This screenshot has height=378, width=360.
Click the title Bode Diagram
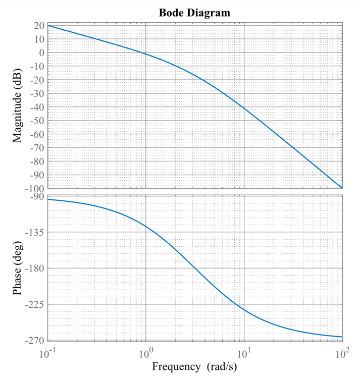(195, 13)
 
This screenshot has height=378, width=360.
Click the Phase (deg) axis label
(18, 268)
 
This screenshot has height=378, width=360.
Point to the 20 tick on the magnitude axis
(39, 26)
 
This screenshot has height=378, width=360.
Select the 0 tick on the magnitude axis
(41, 53)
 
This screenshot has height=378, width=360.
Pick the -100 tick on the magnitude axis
(35, 188)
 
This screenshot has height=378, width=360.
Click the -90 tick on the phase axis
(37, 197)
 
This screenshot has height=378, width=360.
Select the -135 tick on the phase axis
(35, 233)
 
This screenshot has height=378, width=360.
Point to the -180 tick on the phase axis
(35, 268)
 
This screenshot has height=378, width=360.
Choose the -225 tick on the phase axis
(35, 304)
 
